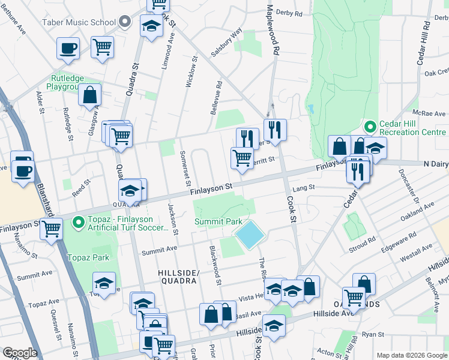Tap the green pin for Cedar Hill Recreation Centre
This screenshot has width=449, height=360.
click(x=370, y=127)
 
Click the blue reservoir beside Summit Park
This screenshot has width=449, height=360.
click(x=249, y=234)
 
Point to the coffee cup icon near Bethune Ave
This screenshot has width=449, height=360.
click(x=68, y=47)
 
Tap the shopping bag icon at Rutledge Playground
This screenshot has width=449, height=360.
click(x=89, y=94)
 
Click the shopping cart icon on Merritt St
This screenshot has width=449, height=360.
click(x=241, y=158)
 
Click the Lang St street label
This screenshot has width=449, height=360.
click(x=304, y=188)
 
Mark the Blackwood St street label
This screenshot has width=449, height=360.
click(x=215, y=266)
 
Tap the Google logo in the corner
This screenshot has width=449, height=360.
click(x=19, y=353)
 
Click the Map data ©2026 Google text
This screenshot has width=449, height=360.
click(x=411, y=355)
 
